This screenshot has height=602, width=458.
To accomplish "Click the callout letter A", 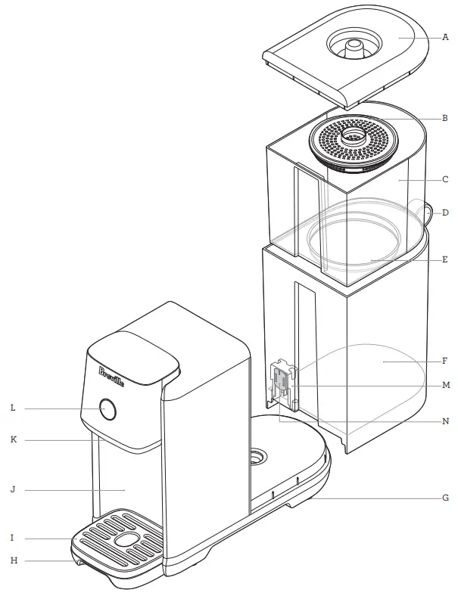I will click(x=446, y=36).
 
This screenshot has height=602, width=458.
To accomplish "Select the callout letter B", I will click(x=446, y=118).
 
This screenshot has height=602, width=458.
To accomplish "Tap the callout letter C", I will click(x=446, y=180).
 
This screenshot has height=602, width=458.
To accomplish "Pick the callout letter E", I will click(x=446, y=259).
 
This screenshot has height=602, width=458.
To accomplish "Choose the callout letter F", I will click(x=446, y=362).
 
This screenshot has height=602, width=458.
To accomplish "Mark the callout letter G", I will click(x=446, y=498).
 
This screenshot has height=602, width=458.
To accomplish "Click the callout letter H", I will click(x=13, y=560).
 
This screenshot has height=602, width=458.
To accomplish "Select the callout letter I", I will click(x=13, y=538).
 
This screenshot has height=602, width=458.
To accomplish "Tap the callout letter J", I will click(x=13, y=489).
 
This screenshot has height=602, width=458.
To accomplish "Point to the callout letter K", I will click(x=13, y=439).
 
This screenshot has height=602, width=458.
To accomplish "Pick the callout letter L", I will click(x=13, y=408).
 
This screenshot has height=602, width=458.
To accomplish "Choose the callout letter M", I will click(x=446, y=385).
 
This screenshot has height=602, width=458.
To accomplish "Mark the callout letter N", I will click(x=446, y=420).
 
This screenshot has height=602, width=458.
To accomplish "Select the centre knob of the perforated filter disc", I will click(x=352, y=136).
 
